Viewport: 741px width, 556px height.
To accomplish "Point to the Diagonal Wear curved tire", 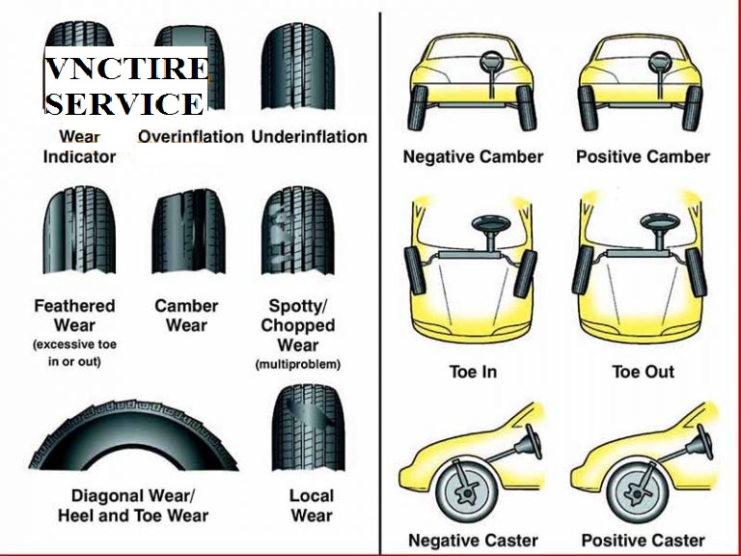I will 132,434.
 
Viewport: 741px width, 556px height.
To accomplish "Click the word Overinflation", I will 190,137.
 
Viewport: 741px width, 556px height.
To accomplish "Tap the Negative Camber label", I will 473,156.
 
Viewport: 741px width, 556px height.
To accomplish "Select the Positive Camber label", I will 643,156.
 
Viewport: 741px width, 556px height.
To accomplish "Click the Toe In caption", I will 473,372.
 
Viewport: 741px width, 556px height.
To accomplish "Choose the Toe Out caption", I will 643,372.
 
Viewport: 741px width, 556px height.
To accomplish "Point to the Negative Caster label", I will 473,540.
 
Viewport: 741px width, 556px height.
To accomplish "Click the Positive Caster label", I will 643,540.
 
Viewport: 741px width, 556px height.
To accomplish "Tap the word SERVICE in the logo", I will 124,103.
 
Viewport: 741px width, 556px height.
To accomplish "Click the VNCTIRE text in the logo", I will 126,70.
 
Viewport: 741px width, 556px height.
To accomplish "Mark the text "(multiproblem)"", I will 298,364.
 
